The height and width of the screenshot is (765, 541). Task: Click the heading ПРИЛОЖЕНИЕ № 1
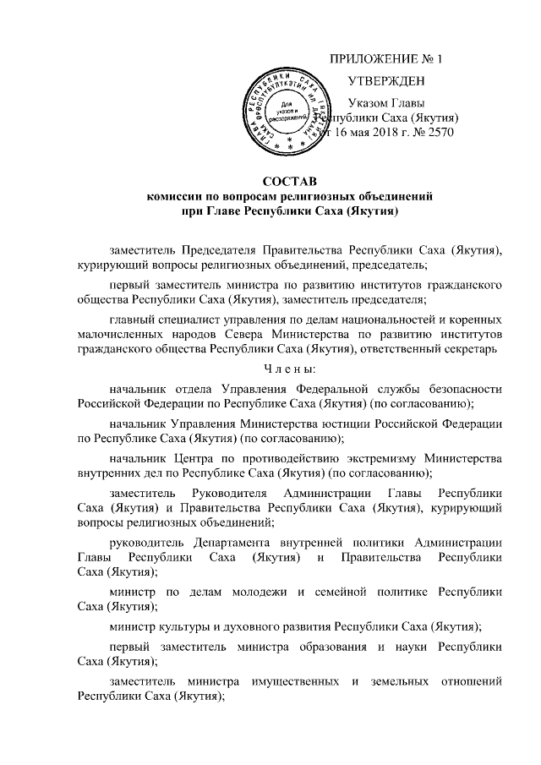click(385, 59)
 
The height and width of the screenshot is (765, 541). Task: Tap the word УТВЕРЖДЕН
click(385, 81)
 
